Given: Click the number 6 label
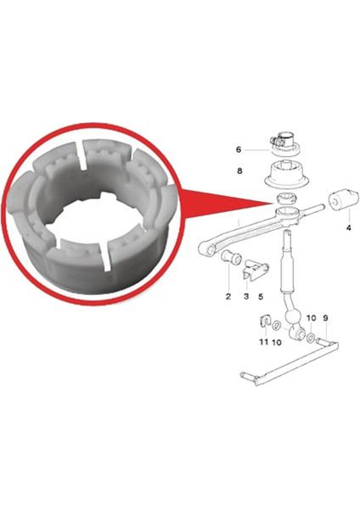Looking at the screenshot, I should tap(239, 149).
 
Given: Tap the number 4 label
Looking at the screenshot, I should tap(348, 227).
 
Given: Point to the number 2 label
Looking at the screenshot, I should tap(228, 297).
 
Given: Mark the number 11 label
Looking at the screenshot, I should tap(263, 343).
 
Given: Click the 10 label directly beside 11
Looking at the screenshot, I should tap(277, 343).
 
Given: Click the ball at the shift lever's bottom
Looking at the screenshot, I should tap(293, 323).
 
